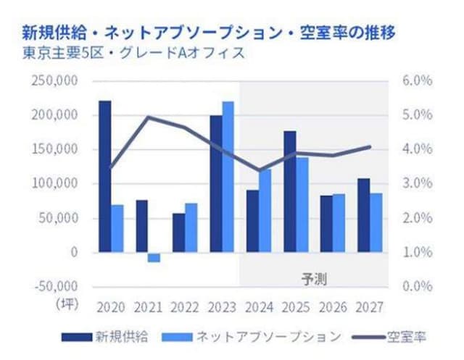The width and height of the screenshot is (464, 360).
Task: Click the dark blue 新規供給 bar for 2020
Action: [x=105, y=177]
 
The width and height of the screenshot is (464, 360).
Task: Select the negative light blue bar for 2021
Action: [x=154, y=257]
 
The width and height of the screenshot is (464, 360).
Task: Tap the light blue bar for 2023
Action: [x=228, y=177]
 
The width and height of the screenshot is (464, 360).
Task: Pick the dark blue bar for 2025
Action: [x=290, y=191]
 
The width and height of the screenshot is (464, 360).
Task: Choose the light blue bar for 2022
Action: [x=191, y=227]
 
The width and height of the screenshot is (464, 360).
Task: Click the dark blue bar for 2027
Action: [x=364, y=215]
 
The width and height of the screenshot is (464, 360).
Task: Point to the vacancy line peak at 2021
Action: [x=148, y=117]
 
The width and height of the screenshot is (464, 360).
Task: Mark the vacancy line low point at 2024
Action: [x=260, y=170]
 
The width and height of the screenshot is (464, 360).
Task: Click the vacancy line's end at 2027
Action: [x=370, y=146]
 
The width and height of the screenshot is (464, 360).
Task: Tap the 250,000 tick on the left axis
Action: [x=55, y=80]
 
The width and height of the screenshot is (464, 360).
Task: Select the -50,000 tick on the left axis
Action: [x=57, y=286]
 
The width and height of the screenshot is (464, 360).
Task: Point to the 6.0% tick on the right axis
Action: [x=418, y=80]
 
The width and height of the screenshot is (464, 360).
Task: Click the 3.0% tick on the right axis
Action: [x=418, y=183]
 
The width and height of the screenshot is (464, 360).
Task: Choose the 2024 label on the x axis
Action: [x=260, y=307]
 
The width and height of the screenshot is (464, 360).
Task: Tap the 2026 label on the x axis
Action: [x=333, y=307]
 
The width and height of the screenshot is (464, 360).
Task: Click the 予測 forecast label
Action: [x=314, y=279]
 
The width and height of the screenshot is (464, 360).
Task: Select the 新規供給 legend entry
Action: [x=105, y=337]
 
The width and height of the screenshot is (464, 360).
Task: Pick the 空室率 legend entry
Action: [x=389, y=337]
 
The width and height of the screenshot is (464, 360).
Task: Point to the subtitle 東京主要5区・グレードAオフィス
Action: [x=133, y=54]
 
